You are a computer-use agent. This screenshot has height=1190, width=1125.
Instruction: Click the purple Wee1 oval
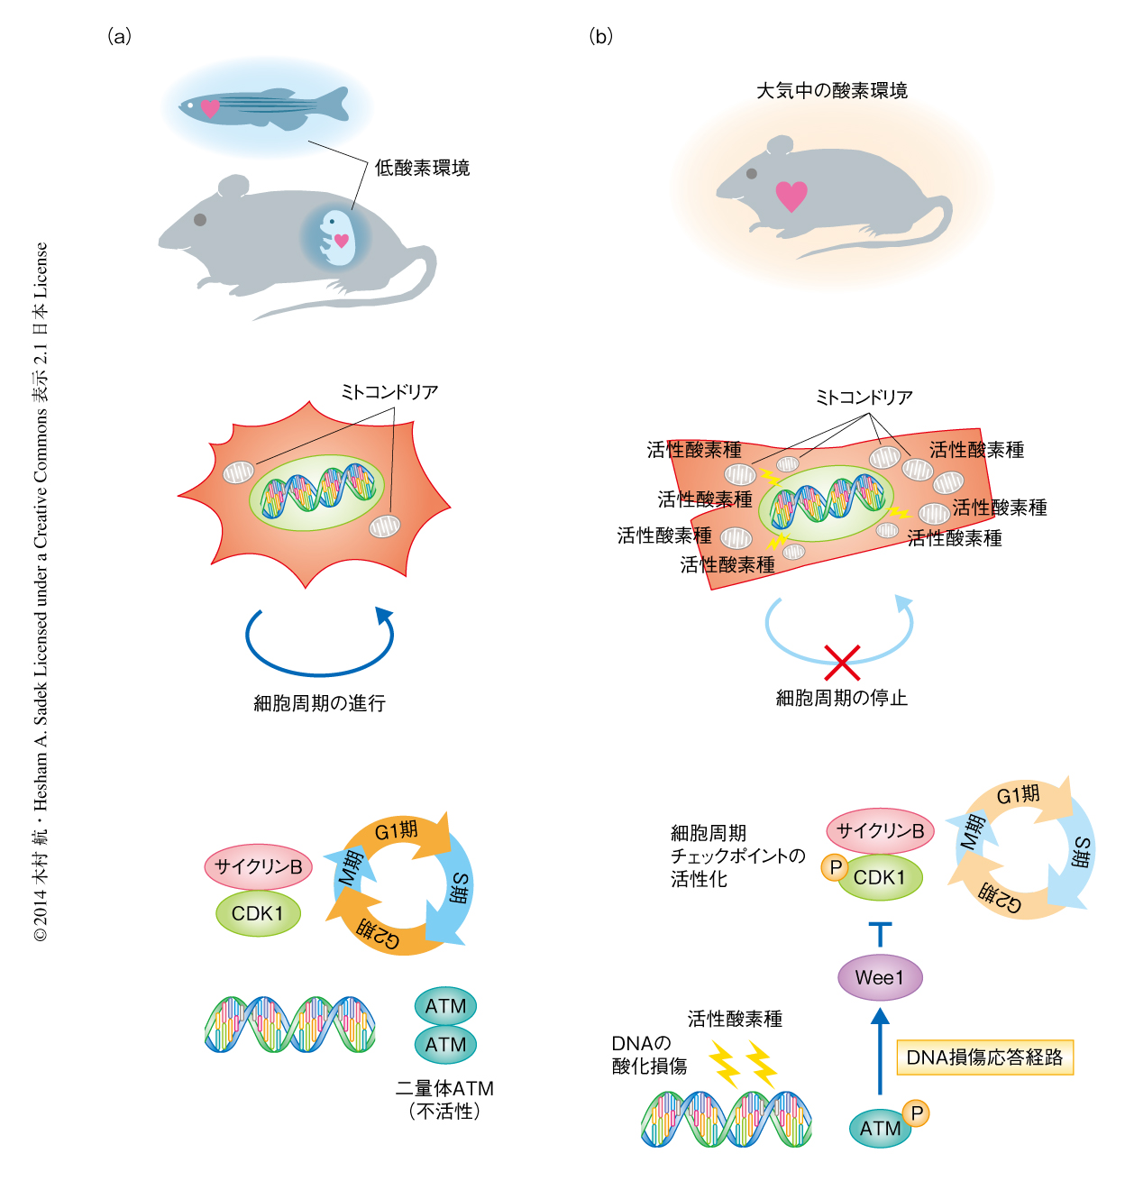tap(880, 977)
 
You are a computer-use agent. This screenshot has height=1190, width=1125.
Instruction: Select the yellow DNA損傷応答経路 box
tap(984, 1057)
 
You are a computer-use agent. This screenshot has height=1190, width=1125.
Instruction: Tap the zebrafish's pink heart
tap(210, 108)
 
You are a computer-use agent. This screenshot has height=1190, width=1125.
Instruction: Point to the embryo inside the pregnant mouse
tap(336, 237)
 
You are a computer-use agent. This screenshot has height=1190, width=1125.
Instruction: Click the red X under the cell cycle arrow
tap(842, 663)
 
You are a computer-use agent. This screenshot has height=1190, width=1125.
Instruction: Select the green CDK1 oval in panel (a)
tap(258, 913)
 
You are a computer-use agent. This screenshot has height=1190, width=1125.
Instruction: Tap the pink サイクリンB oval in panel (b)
tap(880, 831)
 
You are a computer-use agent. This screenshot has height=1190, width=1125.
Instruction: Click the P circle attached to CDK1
tap(835, 867)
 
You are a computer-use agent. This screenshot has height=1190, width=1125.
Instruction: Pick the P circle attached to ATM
tap(916, 1113)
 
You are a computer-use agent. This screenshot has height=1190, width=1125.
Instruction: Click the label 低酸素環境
tap(422, 168)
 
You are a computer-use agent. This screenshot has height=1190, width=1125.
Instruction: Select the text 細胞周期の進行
tap(319, 703)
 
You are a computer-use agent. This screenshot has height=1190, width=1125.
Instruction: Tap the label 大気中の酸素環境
tap(831, 90)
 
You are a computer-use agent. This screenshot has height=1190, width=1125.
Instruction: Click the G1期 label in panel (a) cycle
tap(397, 830)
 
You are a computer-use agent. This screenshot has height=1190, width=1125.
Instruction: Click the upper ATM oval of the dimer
tap(446, 1006)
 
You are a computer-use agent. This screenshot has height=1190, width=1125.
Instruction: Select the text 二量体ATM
tap(444, 1088)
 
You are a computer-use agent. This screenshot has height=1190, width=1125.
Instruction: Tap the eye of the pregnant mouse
tap(200, 219)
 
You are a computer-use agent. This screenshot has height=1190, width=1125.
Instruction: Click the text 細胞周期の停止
tap(842, 698)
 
